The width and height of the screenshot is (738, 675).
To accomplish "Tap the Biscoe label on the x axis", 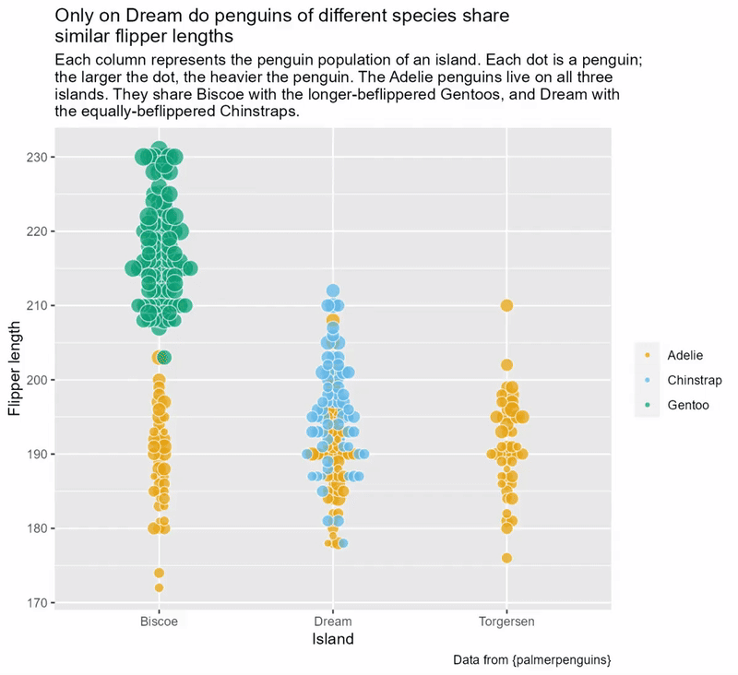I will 159,622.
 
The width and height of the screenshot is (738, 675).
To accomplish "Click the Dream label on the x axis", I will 332,622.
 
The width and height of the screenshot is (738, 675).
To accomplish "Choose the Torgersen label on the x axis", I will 506,622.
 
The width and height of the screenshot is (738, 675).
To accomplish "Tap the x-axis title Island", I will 332,639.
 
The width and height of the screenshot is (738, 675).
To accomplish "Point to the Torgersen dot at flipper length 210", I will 506,305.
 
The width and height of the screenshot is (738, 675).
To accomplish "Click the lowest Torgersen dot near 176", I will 506,558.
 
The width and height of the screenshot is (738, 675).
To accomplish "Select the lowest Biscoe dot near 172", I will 159,587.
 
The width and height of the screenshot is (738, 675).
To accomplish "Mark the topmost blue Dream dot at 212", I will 333,291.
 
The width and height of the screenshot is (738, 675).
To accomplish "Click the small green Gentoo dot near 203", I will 164,357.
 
